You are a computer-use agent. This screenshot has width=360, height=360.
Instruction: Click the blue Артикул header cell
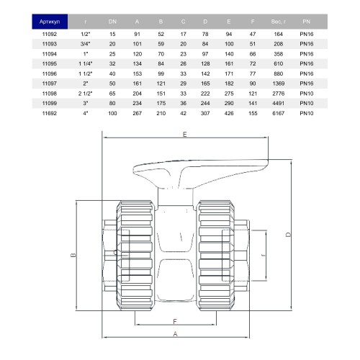[50, 22]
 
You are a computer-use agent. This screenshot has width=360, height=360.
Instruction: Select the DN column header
[112, 22]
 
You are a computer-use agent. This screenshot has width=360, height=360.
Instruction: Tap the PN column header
[307, 22]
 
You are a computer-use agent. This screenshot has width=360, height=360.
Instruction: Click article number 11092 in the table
[50, 34]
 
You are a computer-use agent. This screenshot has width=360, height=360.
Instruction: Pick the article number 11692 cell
[50, 113]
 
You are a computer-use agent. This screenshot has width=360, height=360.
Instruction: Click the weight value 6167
[279, 113]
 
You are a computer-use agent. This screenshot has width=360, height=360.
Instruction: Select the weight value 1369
[279, 84]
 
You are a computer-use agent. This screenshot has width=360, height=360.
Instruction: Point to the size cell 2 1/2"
[85, 94]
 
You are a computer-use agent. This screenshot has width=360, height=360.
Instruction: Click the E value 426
[229, 113]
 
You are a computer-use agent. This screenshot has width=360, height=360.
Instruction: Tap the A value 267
[137, 113]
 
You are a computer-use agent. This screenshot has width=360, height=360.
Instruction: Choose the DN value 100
[112, 113]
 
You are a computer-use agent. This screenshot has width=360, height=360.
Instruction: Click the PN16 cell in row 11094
[307, 54]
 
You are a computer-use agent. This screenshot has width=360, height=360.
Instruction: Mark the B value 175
[161, 103]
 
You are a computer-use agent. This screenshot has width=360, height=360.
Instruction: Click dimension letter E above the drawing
[184, 135]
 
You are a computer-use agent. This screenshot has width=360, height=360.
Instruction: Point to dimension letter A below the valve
[175, 334]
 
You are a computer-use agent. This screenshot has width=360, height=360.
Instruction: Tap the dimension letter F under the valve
[175, 321]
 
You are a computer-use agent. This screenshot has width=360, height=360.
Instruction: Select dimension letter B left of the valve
[73, 255]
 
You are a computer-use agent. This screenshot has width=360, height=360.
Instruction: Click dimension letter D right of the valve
[288, 235]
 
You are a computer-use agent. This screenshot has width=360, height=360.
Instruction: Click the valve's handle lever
[201, 173]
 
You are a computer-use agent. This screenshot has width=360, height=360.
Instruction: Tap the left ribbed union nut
[135, 256]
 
